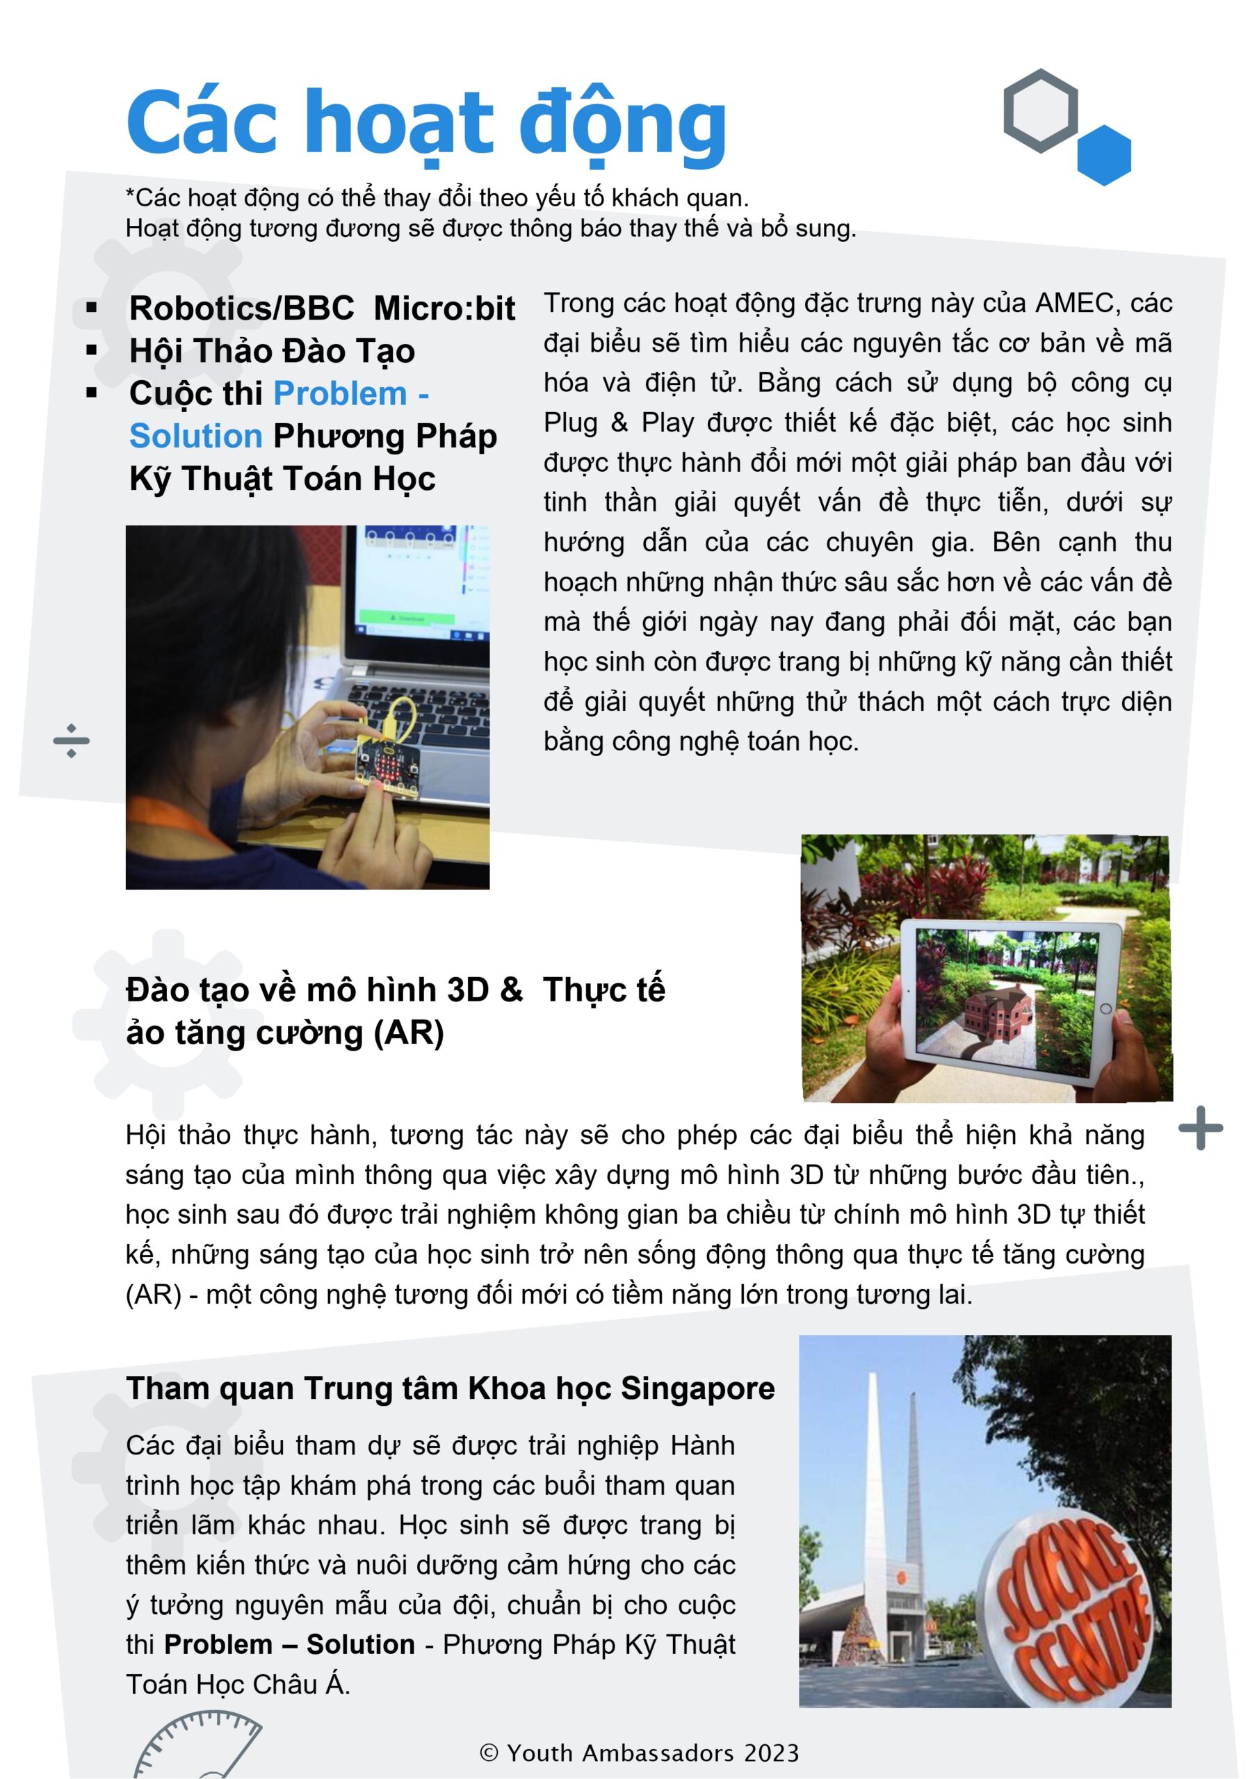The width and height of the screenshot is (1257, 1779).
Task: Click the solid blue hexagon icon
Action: [x=1103, y=155]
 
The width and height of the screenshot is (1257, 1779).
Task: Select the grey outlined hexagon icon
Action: [x=1040, y=110]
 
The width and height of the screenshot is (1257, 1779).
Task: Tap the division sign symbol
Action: [x=72, y=740]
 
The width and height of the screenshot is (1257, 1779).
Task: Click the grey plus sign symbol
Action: [x=1201, y=1128]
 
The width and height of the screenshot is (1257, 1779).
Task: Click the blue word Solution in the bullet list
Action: [x=196, y=436]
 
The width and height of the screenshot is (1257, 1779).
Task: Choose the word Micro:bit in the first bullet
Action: [x=444, y=309]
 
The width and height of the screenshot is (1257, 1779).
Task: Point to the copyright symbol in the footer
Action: [x=489, y=1753]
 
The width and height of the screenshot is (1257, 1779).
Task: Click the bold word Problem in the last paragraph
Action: [x=218, y=1643]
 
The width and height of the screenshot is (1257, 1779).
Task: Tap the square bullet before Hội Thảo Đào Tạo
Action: [x=92, y=351]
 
